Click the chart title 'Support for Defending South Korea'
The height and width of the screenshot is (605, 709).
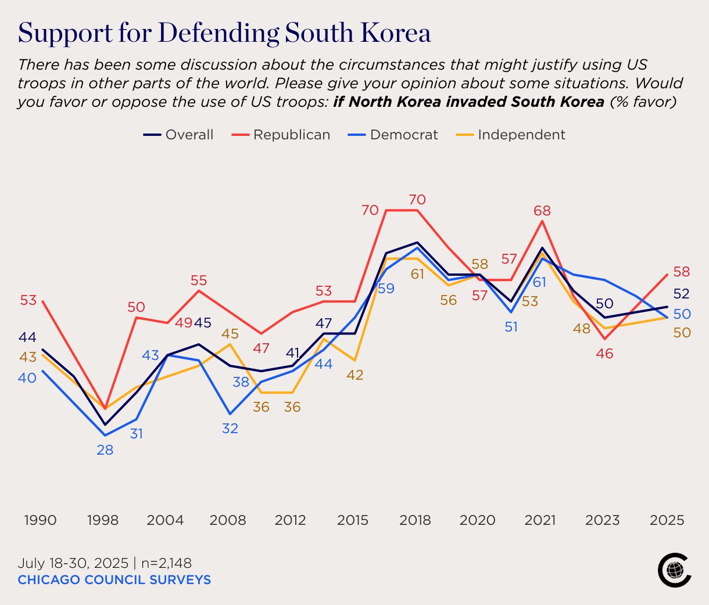click(x=224, y=34)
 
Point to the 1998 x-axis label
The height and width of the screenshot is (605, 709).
click(x=103, y=520)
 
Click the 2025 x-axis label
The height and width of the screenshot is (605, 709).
click(x=667, y=520)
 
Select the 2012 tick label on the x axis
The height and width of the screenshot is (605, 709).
click(x=290, y=520)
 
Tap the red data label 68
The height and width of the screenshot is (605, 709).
click(x=542, y=211)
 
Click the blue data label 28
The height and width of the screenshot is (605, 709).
click(x=105, y=450)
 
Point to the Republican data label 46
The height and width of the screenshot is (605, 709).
click(x=604, y=354)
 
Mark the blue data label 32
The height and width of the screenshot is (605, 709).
click(x=230, y=428)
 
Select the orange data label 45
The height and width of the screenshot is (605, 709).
click(x=230, y=334)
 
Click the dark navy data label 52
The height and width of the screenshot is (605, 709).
click(x=681, y=293)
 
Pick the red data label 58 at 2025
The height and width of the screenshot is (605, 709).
click(x=681, y=271)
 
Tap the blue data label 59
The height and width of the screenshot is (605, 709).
click(x=386, y=289)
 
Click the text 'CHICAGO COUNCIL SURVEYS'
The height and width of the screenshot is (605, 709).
click(x=114, y=579)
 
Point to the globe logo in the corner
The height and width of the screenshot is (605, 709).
click(x=674, y=570)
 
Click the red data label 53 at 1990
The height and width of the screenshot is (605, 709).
click(x=28, y=300)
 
